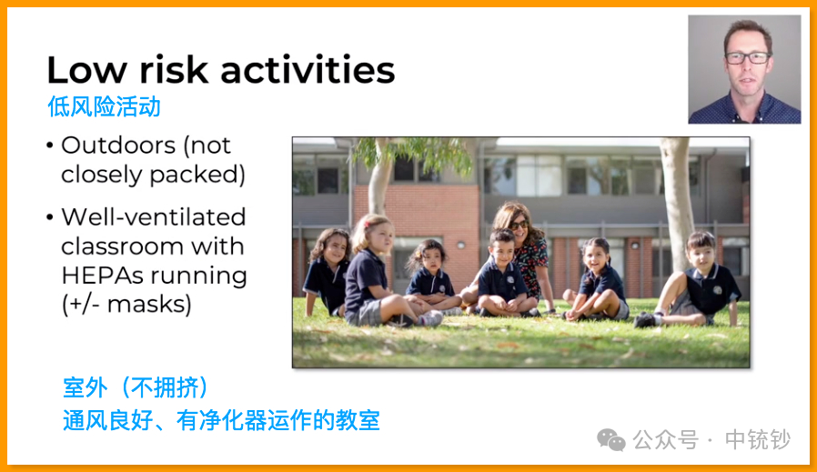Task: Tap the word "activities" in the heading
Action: (x=308, y=69)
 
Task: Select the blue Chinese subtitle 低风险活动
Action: (x=104, y=106)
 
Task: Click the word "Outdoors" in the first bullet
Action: (x=118, y=146)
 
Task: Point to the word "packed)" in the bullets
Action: (x=197, y=175)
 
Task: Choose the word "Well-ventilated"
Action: (x=153, y=216)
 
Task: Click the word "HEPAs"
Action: (x=102, y=275)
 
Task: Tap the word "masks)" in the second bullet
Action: (x=149, y=305)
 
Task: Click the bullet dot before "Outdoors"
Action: (x=50, y=146)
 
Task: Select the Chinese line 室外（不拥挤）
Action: (x=136, y=387)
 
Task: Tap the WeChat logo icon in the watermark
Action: (x=611, y=439)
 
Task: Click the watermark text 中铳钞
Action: (x=758, y=439)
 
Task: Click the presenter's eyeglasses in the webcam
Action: (x=748, y=58)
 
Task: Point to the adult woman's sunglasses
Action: (x=518, y=225)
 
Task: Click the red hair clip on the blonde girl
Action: (x=368, y=225)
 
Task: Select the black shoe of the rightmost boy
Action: (x=645, y=320)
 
